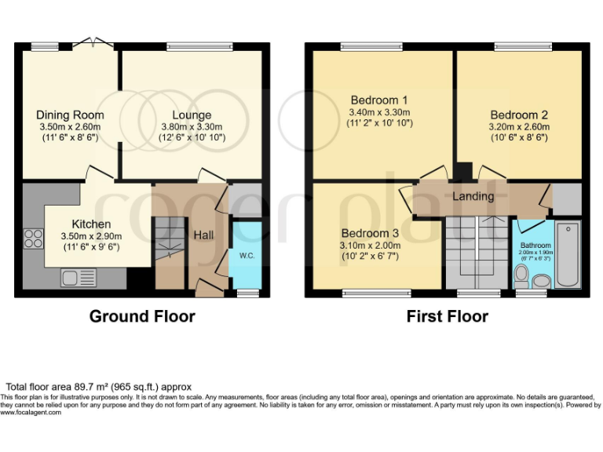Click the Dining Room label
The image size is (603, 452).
pyautogui.click(x=70, y=115)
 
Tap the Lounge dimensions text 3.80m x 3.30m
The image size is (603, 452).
pyautogui.click(x=192, y=127)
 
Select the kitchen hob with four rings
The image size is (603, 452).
pyautogui.click(x=34, y=239)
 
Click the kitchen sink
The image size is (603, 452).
pyautogui.click(x=79, y=278)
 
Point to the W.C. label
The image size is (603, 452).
pyautogui.click(x=247, y=256)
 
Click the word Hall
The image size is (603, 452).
pyautogui.click(x=203, y=235)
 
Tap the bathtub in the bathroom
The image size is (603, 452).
pyautogui.click(x=568, y=254)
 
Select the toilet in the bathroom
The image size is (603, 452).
pyautogui.click(x=521, y=277)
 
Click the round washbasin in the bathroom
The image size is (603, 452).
pyautogui.click(x=542, y=281)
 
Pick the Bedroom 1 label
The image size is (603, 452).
pyautogui.click(x=379, y=100)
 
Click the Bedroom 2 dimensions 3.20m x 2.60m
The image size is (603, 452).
pyautogui.click(x=519, y=127)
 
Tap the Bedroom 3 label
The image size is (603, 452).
pyautogui.click(x=370, y=233)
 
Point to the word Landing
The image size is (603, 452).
pyautogui.click(x=473, y=196)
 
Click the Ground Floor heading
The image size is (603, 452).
pyautogui.click(x=142, y=316)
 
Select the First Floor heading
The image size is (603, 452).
pyautogui.click(x=448, y=316)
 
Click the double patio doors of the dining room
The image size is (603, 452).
pyautogui.click(x=93, y=43)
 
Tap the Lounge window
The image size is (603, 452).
pyautogui.click(x=199, y=47)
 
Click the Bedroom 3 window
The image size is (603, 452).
pyautogui.click(x=377, y=293)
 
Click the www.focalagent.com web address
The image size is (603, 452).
pyautogui.click(x=31, y=413)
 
